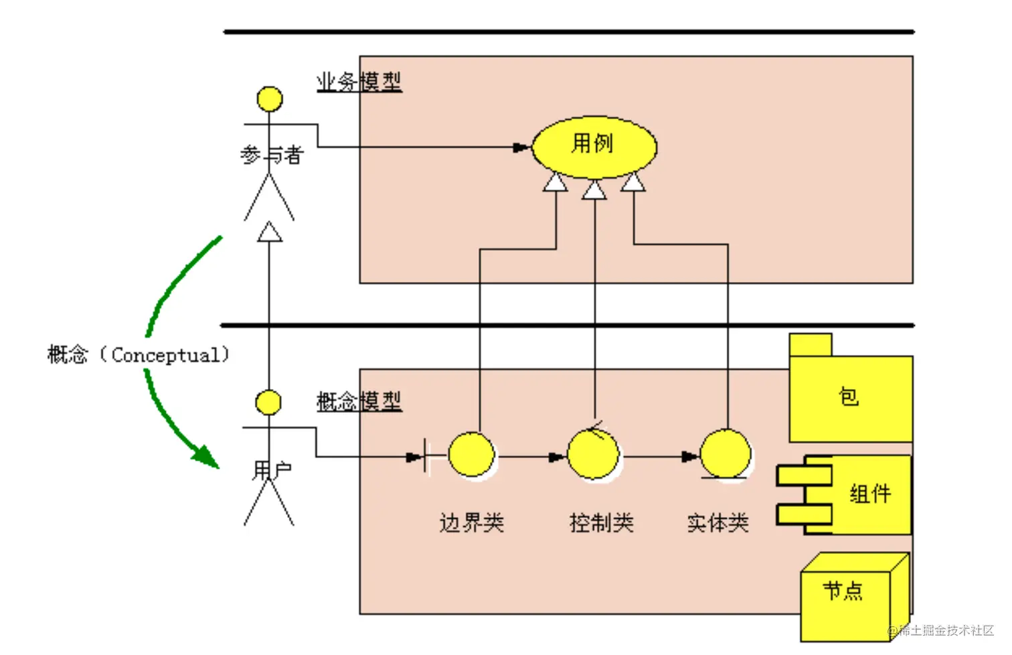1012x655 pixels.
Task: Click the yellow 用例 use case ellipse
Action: [594, 147]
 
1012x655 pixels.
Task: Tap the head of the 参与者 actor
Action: [270, 99]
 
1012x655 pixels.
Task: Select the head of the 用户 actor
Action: [269, 403]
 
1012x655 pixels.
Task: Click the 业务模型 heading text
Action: [359, 82]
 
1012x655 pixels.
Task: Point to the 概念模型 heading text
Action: [359, 401]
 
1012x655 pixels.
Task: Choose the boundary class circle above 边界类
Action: [471, 455]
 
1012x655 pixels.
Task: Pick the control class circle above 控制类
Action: [594, 455]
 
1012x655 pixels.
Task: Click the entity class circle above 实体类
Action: [725, 454]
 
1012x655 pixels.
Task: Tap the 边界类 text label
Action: [471, 522]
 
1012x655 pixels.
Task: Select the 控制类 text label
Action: [601, 522]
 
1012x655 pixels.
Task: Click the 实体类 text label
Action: [718, 522]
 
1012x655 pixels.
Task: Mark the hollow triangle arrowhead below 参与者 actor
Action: [270, 232]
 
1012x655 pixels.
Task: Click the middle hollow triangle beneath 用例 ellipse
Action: [594, 191]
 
